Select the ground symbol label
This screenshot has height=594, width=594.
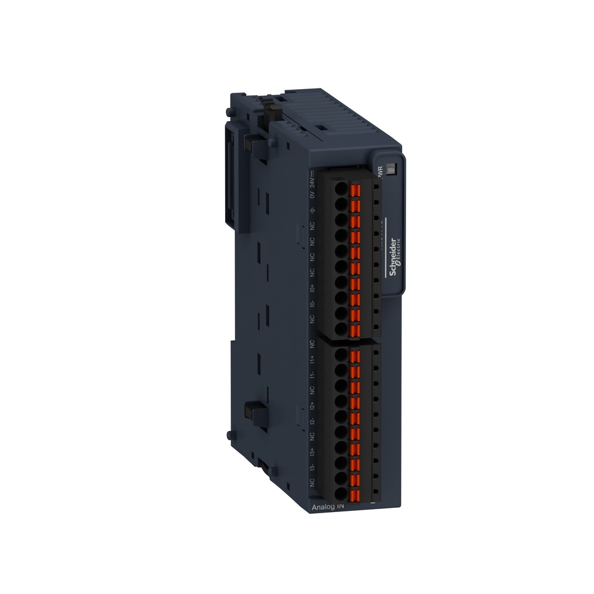(x=312, y=211)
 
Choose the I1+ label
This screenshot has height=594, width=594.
(x=312, y=359)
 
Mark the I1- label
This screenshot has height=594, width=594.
(x=312, y=375)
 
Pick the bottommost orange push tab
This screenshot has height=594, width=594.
(x=356, y=492)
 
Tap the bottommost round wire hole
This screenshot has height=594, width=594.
(x=340, y=493)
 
